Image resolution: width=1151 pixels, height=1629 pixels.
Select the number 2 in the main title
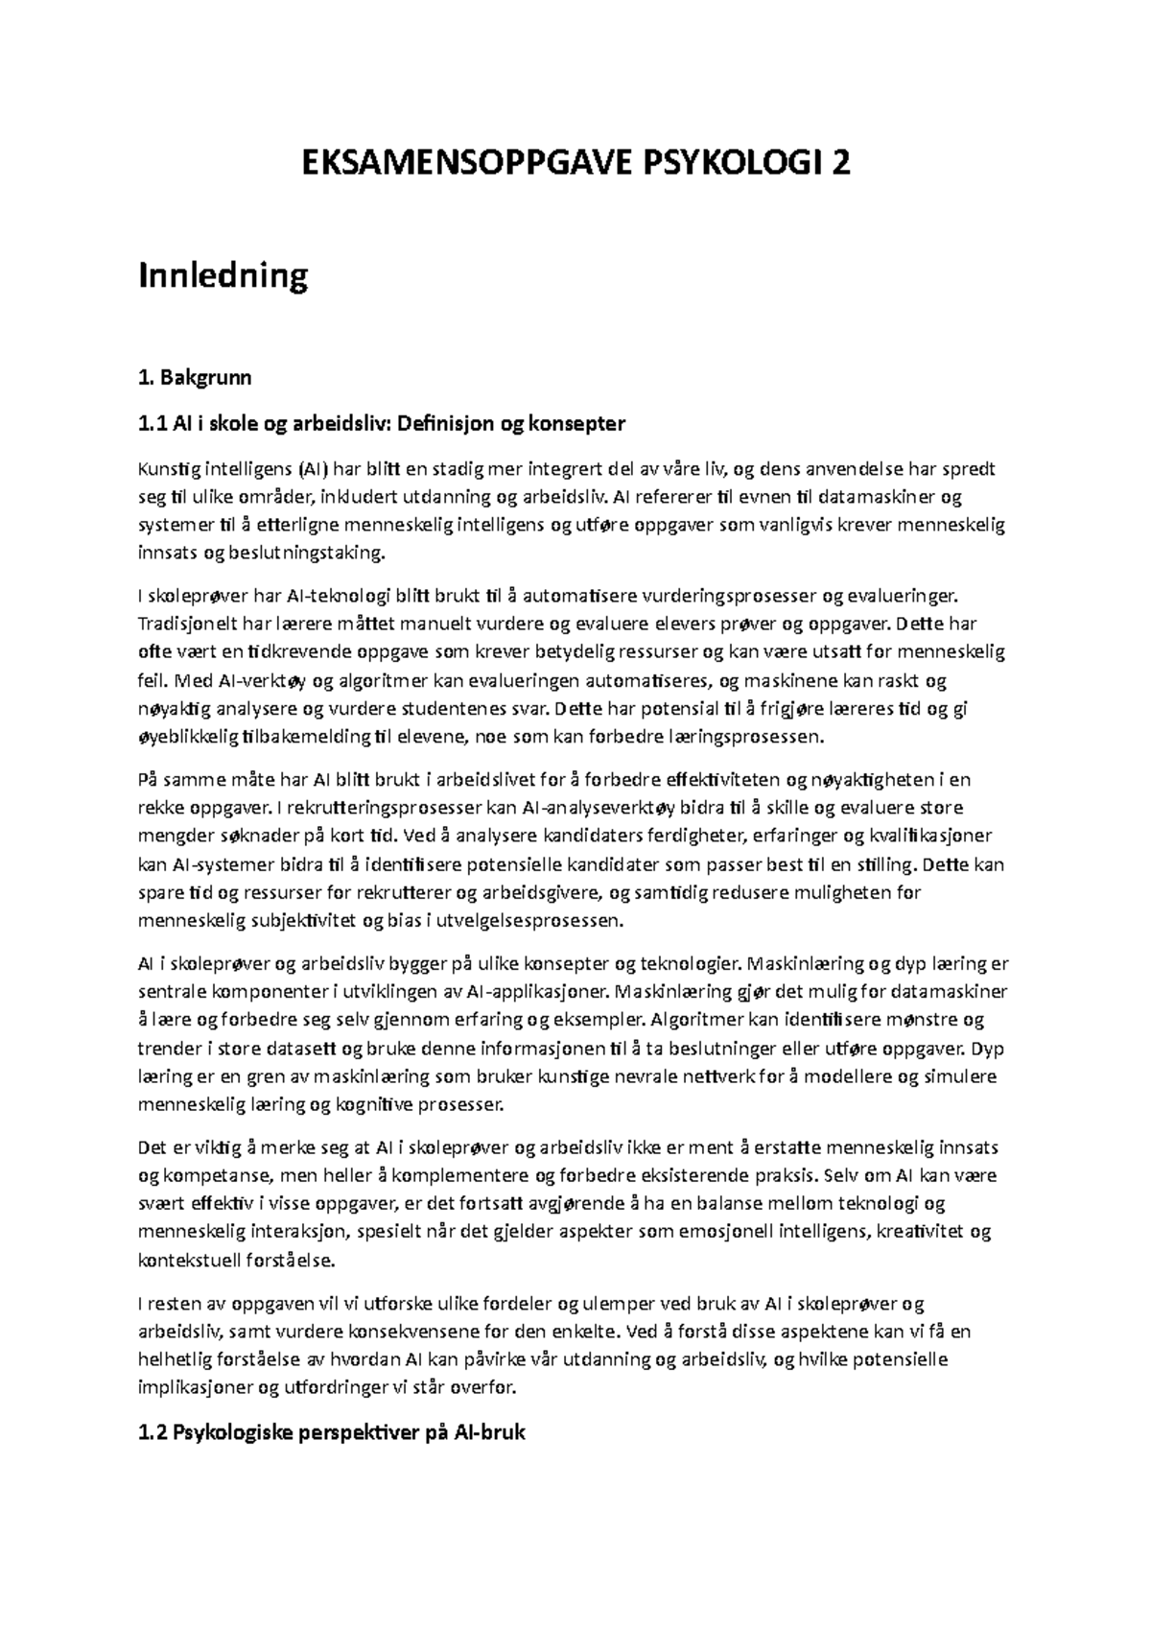(840, 165)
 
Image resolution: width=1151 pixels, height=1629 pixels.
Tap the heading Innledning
(223, 276)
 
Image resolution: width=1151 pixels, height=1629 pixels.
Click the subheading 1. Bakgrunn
(196, 377)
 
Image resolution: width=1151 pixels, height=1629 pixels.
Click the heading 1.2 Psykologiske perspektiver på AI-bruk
(332, 1434)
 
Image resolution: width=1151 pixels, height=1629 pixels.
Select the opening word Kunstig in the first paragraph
(167, 469)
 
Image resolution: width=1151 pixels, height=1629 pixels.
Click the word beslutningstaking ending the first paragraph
(304, 553)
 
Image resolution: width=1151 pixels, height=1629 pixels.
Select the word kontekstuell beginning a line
(190, 1260)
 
